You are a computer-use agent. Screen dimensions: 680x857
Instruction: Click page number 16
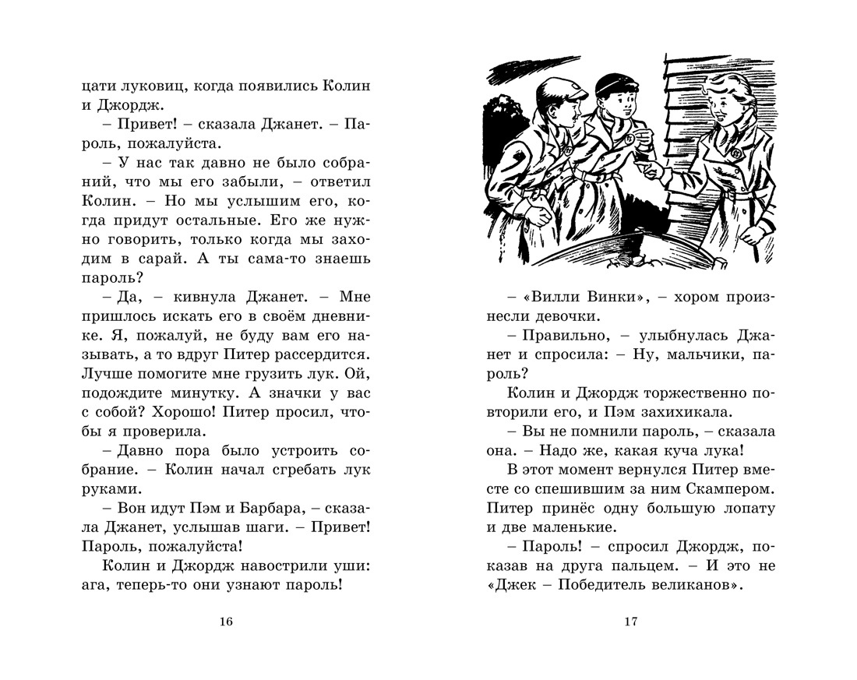[227, 621]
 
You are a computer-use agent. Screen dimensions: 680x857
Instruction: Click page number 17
[630, 621]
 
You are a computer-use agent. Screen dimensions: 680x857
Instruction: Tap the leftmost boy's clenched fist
[536, 209]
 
